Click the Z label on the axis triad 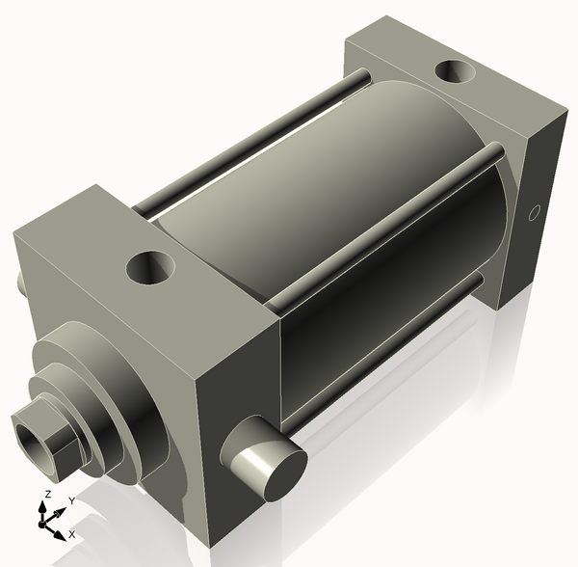(47, 495)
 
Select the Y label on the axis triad (71, 501)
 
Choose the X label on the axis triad (72, 533)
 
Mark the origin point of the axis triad (44, 523)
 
